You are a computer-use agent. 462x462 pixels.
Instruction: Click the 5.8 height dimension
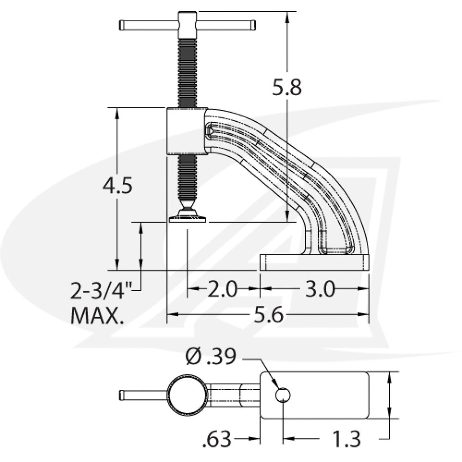287,87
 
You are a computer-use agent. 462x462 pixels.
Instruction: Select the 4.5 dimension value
117,186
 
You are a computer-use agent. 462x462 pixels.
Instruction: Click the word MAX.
97,315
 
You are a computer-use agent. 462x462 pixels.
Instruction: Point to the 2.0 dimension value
222,289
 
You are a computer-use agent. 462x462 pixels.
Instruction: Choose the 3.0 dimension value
320,289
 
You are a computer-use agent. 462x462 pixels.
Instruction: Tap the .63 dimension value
217,439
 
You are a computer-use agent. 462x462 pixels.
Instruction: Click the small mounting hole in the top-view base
283,395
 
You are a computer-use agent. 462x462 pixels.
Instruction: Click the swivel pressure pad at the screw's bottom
187,219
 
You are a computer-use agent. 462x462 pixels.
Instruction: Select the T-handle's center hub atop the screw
187,22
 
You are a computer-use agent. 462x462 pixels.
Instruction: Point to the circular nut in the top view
187,395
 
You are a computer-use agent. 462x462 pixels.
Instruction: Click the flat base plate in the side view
314,262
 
